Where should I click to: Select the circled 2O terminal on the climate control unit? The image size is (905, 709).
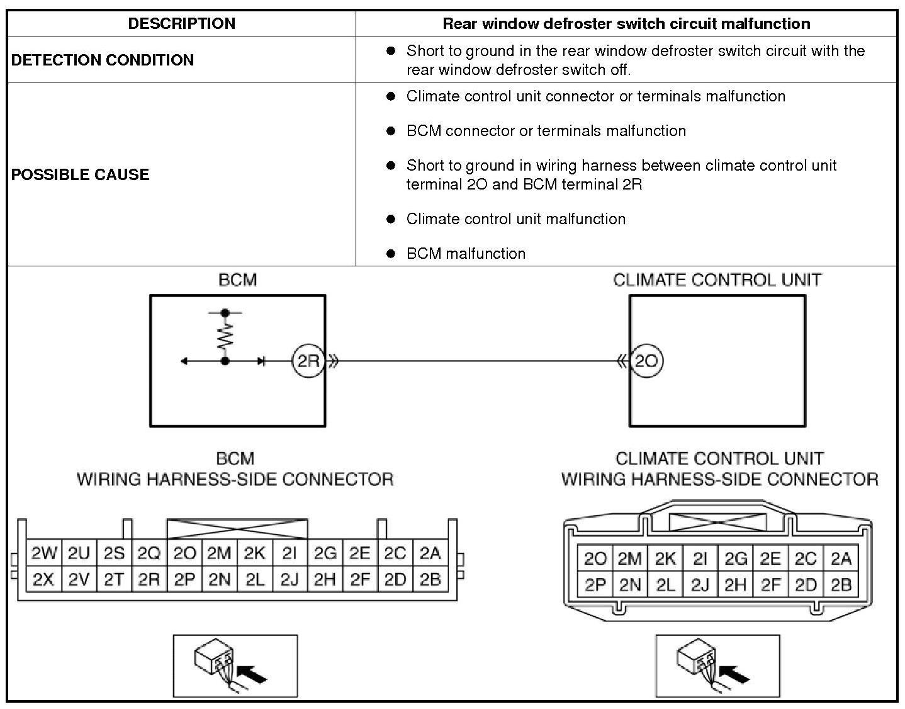pos(646,361)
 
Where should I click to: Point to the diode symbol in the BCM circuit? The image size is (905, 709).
pos(261,361)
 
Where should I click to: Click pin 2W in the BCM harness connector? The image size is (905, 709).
pos(43,553)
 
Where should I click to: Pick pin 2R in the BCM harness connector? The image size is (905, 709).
pos(149,579)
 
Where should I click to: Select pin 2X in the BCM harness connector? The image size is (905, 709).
pos(43,579)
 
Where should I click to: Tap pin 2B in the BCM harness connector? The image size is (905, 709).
pos(430,579)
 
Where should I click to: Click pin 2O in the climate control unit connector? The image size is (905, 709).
pos(595,559)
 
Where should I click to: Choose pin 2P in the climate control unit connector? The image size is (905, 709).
pos(595,585)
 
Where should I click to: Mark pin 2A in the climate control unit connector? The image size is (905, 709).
pos(841,559)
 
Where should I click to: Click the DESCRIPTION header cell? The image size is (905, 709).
pos(181,24)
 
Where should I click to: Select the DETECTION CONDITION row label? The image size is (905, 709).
pos(103,60)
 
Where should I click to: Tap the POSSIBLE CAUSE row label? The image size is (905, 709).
pos(81,174)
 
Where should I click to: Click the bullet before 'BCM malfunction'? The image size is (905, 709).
pos(391,253)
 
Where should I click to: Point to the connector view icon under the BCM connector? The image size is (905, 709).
pos(235,666)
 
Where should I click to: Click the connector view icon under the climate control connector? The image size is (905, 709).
pos(717,666)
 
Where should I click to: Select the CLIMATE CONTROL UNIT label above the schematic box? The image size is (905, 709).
pos(717,280)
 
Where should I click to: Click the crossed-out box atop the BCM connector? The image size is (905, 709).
pos(237,530)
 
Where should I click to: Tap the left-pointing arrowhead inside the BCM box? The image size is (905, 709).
pos(184,361)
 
